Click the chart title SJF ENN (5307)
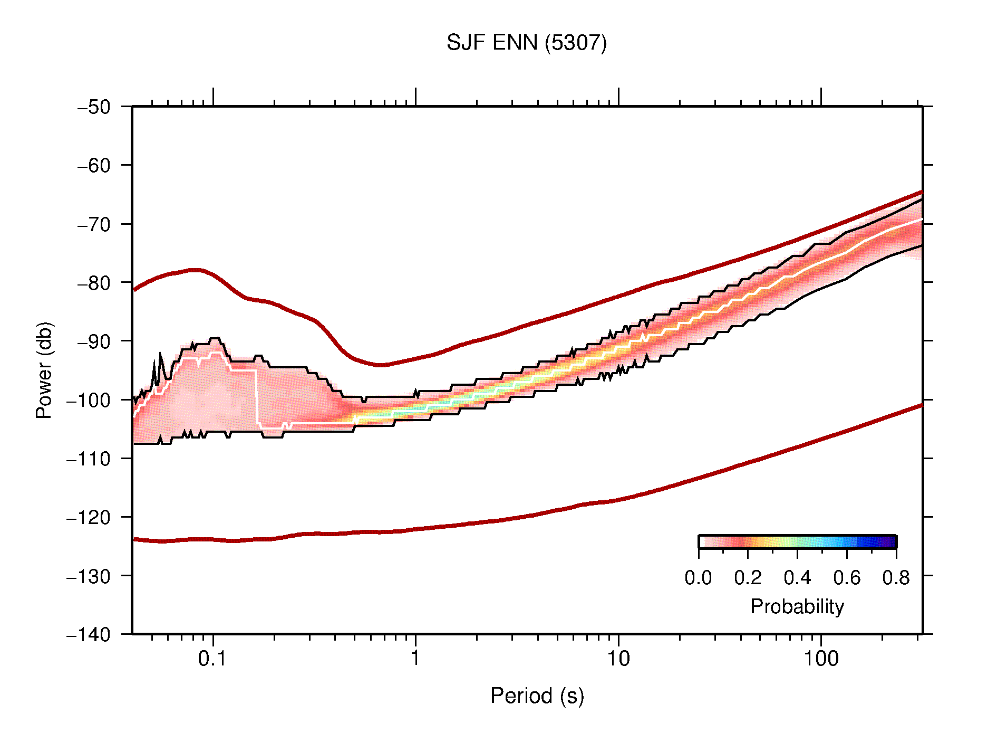[526, 43]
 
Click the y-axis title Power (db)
[44, 370]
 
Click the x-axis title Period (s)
[537, 696]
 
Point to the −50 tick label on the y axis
[94, 107]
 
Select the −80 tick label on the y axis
[94, 283]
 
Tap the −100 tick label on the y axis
[89, 400]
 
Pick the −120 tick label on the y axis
[89, 517]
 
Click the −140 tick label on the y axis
[89, 634]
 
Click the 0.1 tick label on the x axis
[212, 659]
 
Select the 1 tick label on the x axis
[415, 659]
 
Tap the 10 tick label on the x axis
[618, 659]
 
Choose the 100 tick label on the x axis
[820, 659]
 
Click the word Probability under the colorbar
[797, 607]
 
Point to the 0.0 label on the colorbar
[698, 578]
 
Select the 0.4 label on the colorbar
[797, 578]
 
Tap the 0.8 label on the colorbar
[896, 578]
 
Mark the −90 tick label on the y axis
[94, 341]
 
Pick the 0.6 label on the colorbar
[847, 578]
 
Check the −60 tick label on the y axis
[94, 166]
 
